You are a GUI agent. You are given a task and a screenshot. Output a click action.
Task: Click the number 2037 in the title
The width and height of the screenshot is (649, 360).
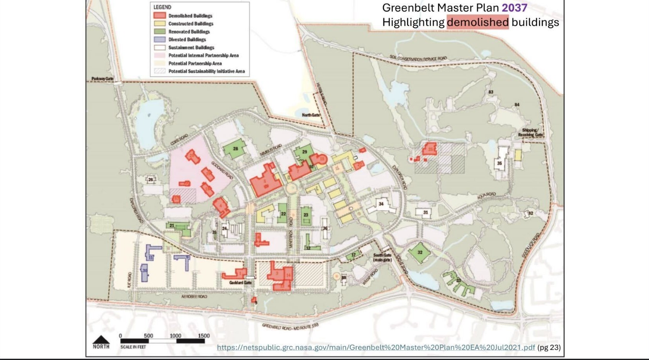coord(514,8)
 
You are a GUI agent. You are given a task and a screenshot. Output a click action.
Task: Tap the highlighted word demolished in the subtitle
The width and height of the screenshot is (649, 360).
coord(478,22)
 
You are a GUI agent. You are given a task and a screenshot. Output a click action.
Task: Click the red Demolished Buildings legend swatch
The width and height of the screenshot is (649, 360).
coord(159,16)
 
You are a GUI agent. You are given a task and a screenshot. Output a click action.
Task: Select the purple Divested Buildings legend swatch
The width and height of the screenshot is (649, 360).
coord(159,39)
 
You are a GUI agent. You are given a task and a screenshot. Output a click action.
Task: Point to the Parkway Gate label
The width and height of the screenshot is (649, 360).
coord(102,79)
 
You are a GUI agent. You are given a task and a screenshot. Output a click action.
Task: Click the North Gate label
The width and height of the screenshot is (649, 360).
coord(310,115)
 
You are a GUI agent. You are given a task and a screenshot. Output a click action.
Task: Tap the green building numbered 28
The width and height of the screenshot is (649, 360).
coord(235,149)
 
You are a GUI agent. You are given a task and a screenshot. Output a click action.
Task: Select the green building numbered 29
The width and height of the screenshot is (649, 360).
coord(303,152)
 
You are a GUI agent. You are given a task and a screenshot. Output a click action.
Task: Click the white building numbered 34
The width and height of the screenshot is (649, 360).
coord(381,204)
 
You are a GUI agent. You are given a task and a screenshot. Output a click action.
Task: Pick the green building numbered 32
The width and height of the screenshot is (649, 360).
coord(419,253)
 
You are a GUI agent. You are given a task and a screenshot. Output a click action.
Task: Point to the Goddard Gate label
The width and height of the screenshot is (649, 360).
coord(240,283)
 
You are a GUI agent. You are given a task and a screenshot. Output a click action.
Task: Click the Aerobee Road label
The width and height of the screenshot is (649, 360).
coord(194,297)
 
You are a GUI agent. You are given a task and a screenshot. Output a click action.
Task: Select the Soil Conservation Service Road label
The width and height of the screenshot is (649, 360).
coord(418,59)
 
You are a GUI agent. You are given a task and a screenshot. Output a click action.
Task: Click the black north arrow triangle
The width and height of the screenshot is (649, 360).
coord(101,339)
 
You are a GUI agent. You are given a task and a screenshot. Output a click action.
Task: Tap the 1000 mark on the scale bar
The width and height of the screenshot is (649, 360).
coord(175,336)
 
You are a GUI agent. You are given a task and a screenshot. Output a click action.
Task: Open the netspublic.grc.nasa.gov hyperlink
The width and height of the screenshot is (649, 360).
coord(376,347)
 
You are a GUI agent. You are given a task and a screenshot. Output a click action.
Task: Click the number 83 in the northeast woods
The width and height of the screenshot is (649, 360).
coord(491,92)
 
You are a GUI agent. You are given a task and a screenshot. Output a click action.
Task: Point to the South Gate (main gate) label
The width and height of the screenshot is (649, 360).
coord(382,257)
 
